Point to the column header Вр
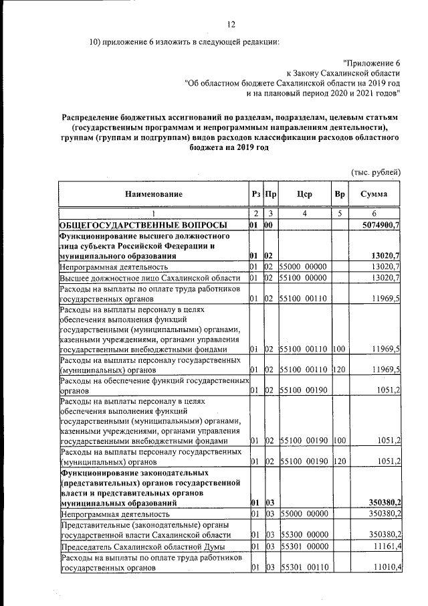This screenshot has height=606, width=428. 339,194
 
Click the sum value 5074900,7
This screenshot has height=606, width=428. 380,225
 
